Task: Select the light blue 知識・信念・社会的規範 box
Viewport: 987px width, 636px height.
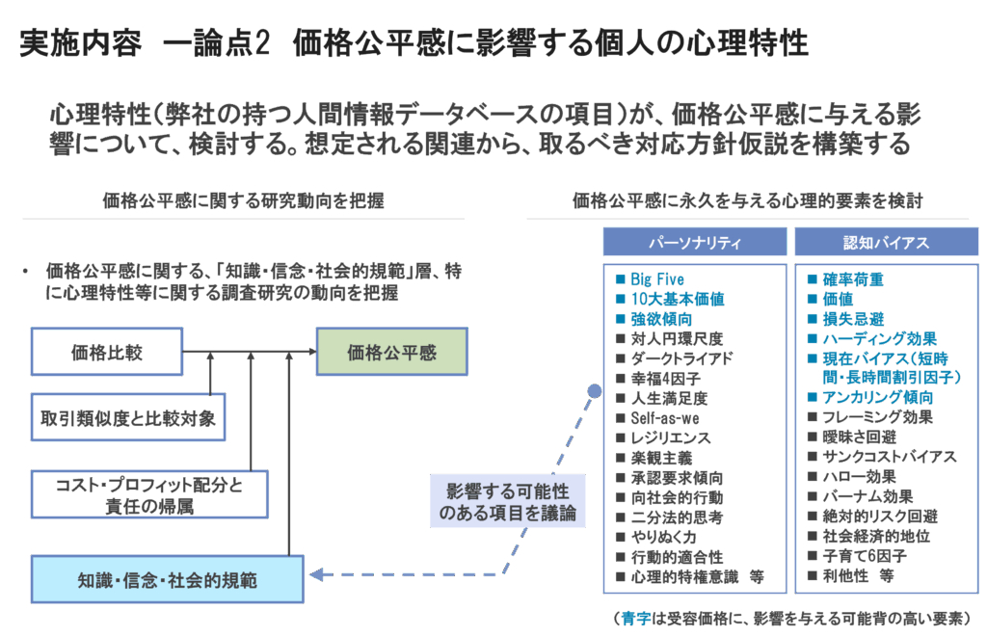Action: [167, 581]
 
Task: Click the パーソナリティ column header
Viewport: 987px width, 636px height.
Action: [693, 242]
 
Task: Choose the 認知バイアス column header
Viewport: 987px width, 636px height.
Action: [886, 242]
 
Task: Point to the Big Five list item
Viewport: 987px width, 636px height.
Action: [657, 279]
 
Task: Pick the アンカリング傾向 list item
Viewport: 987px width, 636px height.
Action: [877, 397]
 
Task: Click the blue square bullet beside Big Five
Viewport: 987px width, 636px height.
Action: [621, 279]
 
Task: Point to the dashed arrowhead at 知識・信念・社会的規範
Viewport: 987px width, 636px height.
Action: [314, 575]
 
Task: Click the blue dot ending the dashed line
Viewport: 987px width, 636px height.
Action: [595, 391]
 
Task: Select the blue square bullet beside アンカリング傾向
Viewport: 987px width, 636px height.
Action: [813, 397]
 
